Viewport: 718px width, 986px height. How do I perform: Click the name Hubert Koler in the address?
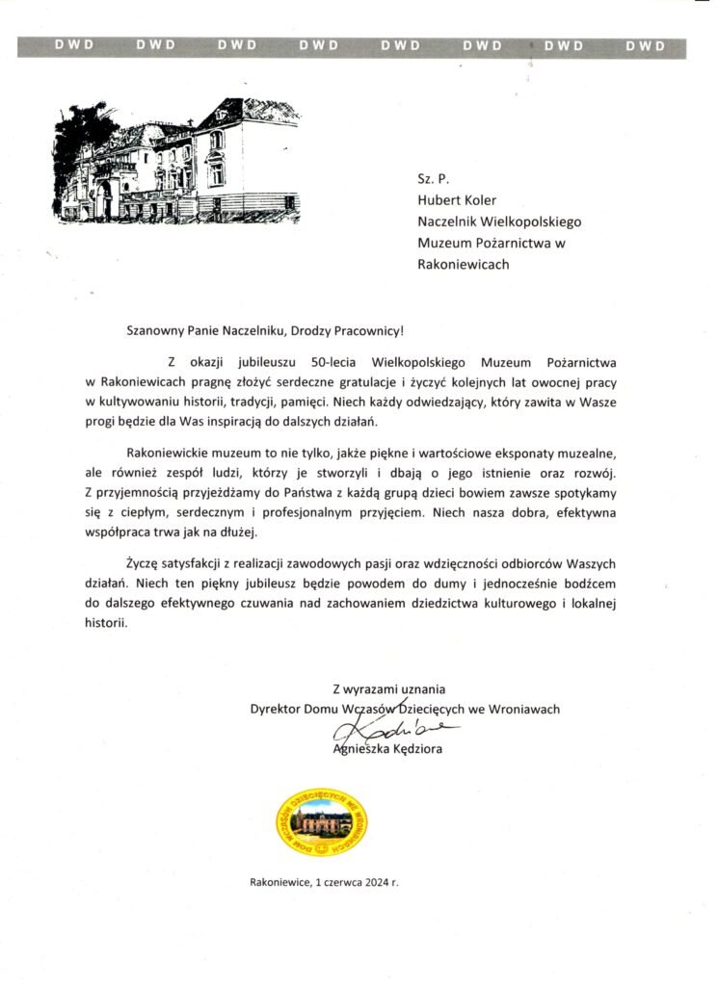tap(458, 200)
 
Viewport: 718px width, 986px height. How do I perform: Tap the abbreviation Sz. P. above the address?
tap(433, 179)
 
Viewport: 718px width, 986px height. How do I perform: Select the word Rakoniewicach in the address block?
tap(464, 264)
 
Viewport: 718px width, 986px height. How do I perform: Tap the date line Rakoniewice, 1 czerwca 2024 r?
tap(323, 881)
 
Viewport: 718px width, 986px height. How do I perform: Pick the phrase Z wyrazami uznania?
tap(389, 688)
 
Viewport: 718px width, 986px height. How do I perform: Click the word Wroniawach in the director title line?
tap(525, 709)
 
